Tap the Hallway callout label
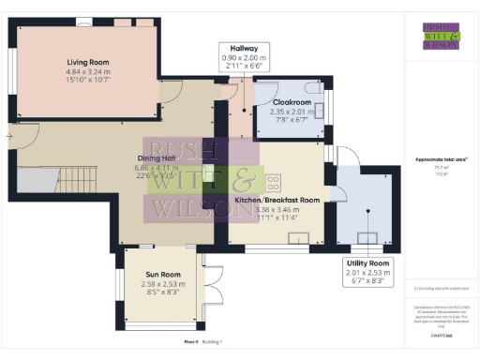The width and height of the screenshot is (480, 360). coord(245,48)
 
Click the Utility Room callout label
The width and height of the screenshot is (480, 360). coord(367,262)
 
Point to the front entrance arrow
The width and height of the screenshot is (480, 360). coord(8,137)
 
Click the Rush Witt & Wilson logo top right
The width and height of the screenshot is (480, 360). coord(442,35)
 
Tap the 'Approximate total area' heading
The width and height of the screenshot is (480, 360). coord(441,160)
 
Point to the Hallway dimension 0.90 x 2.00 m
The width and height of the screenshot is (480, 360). coord(245,58)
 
